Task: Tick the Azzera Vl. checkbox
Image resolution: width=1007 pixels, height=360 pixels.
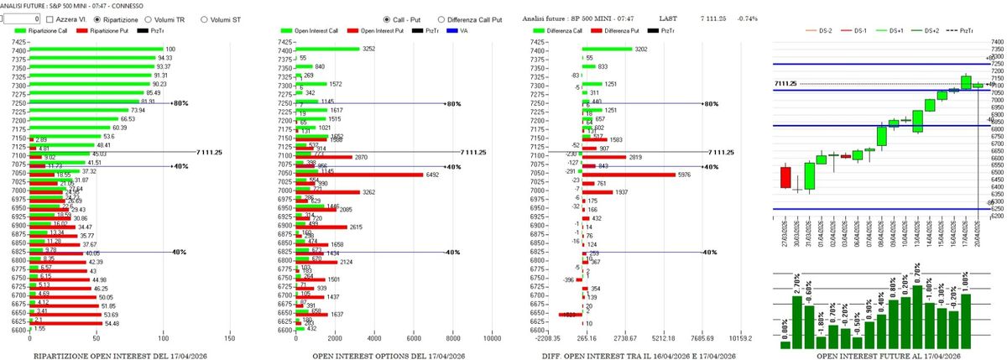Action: point(50,18)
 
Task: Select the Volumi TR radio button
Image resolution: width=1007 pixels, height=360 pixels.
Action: point(148,18)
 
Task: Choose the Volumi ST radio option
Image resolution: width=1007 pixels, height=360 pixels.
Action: point(204,18)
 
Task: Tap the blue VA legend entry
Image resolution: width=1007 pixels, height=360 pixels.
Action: point(463,30)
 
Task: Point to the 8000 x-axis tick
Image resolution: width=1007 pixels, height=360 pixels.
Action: point(453,339)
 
